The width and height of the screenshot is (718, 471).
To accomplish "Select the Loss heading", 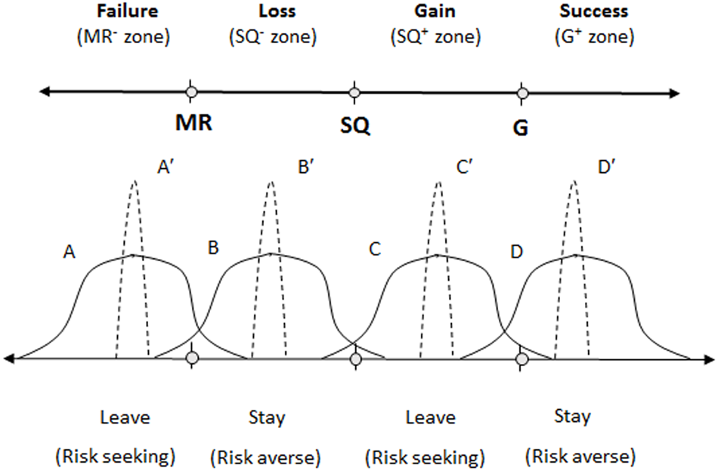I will [x=277, y=12].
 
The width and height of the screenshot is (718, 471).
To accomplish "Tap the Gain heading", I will [x=433, y=12].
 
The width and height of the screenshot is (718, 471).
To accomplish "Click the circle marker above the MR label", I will [x=190, y=92].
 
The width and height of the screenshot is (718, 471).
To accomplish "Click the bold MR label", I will [x=193, y=123].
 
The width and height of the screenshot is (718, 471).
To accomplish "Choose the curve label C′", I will [x=465, y=168].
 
